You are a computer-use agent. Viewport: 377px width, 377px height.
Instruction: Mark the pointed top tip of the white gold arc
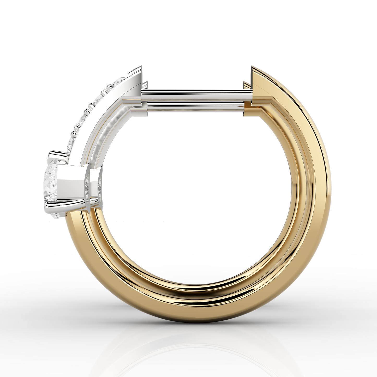coord(142,66)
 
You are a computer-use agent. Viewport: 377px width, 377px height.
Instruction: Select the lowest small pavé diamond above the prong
coord(71,143)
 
